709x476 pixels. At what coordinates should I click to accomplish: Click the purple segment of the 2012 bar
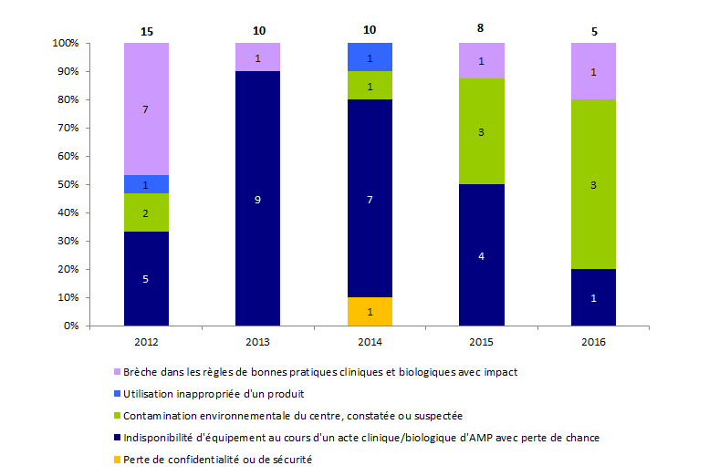pos(146,109)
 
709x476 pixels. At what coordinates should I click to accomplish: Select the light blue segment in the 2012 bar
pos(146,184)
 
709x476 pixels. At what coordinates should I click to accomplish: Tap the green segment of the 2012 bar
pos(146,212)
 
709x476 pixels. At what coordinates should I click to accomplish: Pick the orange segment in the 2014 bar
pos(370,311)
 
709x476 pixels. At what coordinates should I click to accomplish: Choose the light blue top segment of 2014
pos(370,57)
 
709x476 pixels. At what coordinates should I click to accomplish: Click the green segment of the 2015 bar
pos(482,131)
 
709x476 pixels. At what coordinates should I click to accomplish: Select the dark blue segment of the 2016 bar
pos(593,297)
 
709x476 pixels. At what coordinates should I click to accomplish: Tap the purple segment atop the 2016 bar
pos(593,72)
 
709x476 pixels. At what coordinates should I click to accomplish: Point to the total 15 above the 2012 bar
pos(146,31)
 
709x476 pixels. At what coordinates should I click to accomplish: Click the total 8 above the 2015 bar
pos(482,28)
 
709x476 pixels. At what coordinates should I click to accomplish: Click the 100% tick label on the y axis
pos(65,43)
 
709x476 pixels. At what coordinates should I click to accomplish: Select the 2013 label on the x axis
pos(258,342)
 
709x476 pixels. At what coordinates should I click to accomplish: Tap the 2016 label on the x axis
pos(593,342)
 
